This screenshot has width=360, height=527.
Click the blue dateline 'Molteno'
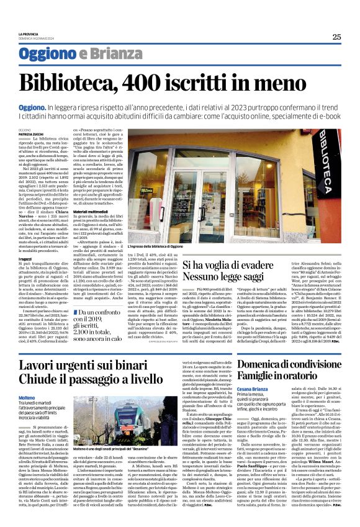28,397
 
